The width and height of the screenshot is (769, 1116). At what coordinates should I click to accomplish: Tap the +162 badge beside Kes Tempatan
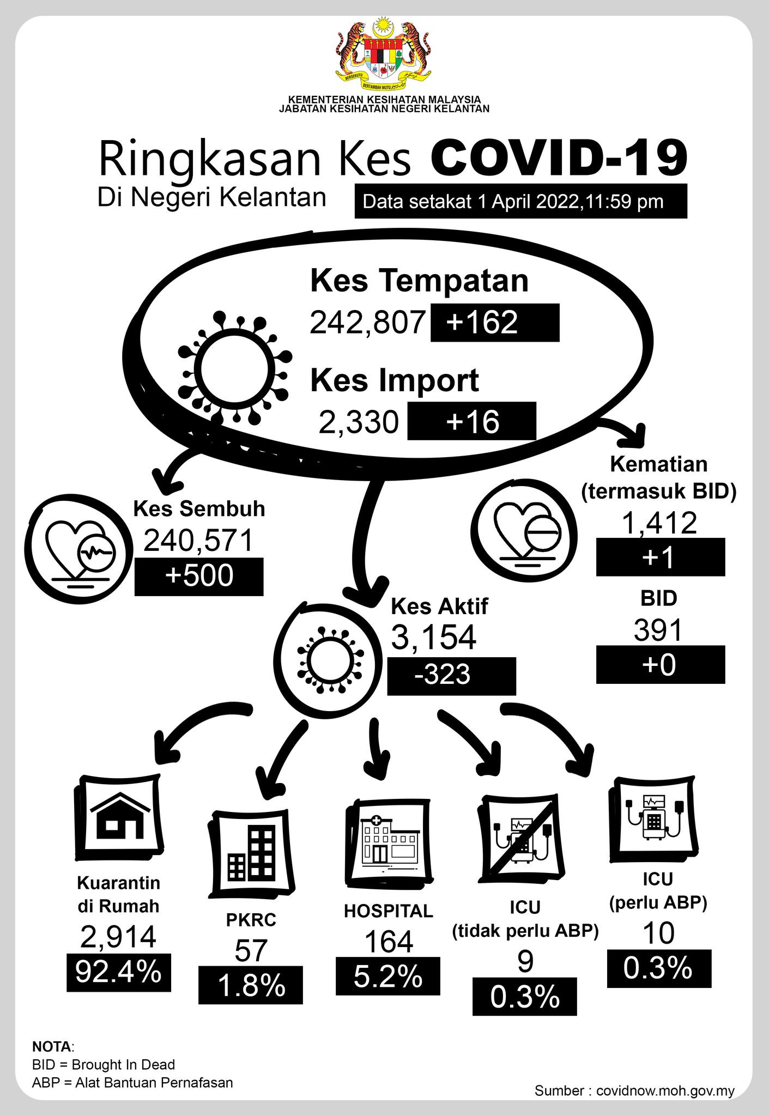coord(494,323)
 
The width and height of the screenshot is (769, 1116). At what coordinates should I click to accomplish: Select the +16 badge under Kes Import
coord(471,421)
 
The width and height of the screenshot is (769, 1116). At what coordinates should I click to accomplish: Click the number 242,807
coord(367,322)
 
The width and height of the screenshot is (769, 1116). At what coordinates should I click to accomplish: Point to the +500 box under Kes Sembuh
coord(199,577)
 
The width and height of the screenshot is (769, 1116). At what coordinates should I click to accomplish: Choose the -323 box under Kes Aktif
coord(451,676)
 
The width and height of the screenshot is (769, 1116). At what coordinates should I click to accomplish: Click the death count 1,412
coord(659,523)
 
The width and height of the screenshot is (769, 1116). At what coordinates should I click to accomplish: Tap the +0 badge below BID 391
coord(660,665)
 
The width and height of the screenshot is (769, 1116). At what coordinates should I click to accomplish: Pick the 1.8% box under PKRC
coord(250,985)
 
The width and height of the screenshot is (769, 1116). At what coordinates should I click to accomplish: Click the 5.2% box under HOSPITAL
coord(387,976)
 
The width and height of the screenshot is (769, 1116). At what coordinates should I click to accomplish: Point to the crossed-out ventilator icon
coord(522,836)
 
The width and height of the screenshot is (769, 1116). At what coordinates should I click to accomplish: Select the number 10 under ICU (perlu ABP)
coord(658,933)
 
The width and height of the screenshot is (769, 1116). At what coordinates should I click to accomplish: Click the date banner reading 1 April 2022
coord(520,202)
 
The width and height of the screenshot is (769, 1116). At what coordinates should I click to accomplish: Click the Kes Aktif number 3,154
coord(434,637)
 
